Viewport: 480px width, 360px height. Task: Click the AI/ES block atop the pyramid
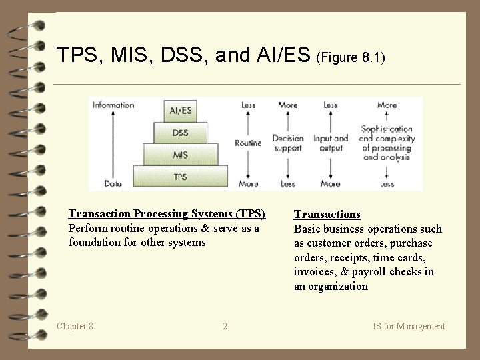point(180,110)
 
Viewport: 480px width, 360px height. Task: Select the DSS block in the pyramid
point(180,133)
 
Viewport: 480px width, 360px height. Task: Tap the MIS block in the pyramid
point(180,155)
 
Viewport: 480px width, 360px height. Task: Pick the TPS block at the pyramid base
point(180,177)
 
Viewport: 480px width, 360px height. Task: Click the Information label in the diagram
point(113,105)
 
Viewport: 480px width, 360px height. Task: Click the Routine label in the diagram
point(247,143)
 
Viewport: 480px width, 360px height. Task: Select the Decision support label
point(288,143)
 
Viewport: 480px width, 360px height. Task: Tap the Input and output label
point(331,143)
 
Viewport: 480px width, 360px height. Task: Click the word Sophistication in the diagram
point(387,129)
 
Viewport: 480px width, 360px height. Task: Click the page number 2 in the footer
point(225,326)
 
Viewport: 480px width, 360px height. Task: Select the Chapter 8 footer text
point(75,326)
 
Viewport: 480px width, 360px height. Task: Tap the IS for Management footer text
point(409,326)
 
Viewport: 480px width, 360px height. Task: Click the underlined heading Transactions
point(327,215)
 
